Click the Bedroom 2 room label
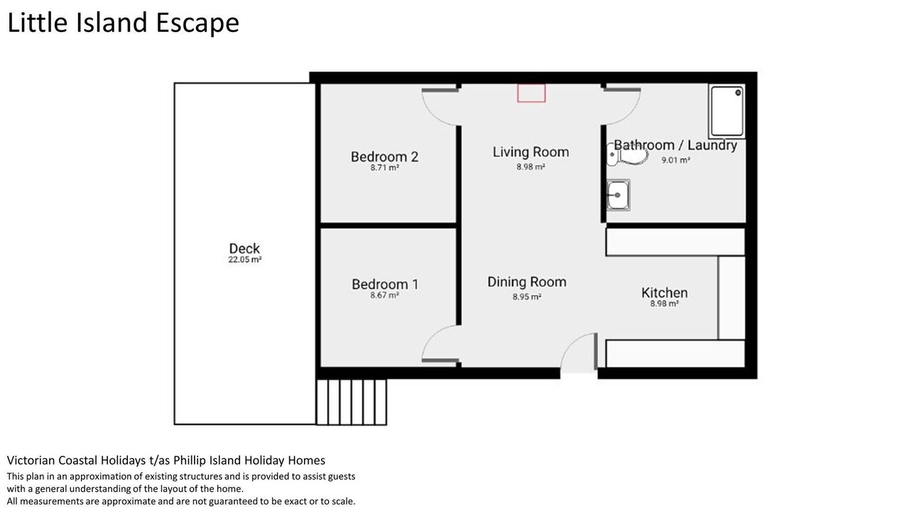(384, 157)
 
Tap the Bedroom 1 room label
(385, 285)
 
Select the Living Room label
(530, 152)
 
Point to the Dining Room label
(527, 282)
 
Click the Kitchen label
(664, 293)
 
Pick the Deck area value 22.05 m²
(245, 260)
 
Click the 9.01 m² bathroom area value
(675, 160)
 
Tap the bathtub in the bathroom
(726, 111)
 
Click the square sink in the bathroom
(618, 195)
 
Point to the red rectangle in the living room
(531, 93)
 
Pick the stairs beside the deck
(352, 402)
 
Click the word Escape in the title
(197, 23)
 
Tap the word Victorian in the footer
(32, 461)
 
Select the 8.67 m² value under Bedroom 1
(384, 295)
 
